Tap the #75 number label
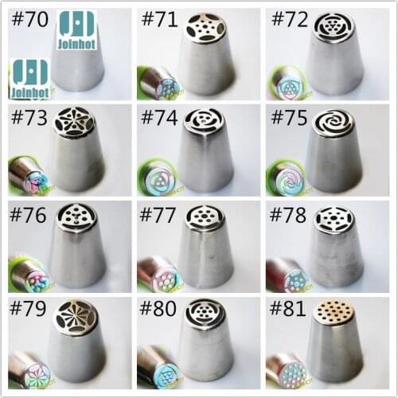(289, 118)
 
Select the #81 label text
(288, 309)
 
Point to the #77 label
(159, 214)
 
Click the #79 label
(29, 309)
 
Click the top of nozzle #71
(205, 29)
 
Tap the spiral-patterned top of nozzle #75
(334, 124)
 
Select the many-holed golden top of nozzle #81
(334, 313)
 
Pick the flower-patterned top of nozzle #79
(76, 316)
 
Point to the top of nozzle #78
(334, 220)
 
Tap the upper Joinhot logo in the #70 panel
(77, 30)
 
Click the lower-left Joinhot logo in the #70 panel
(29, 79)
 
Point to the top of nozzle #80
(205, 313)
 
